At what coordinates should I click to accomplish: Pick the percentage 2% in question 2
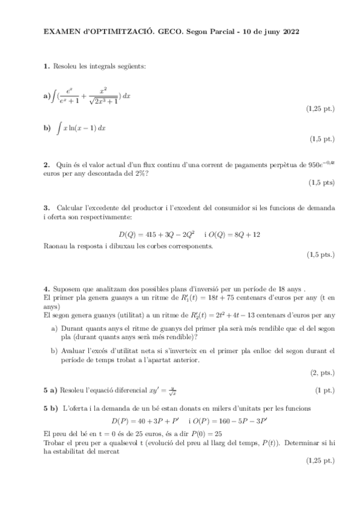[141, 173]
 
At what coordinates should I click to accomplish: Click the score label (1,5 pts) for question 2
[322, 182]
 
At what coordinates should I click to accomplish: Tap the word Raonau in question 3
[56, 245]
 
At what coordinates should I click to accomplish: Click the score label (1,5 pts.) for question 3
[320, 254]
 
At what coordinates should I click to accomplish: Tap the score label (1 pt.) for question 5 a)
[325, 390]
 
